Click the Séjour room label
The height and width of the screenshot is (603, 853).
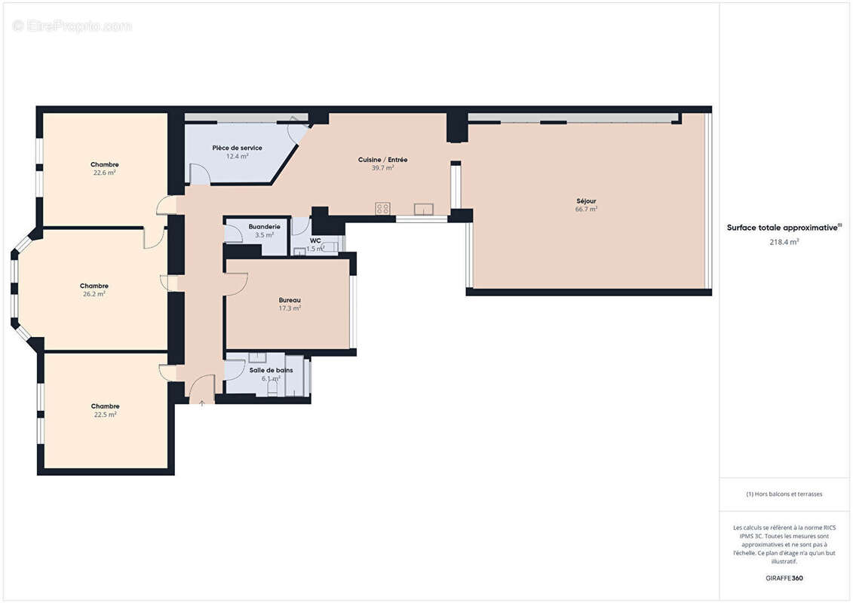point(586,201)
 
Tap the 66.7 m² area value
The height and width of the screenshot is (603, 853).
point(586,210)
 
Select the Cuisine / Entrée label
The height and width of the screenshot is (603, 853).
point(382,160)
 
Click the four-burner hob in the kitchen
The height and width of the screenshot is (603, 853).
point(383,209)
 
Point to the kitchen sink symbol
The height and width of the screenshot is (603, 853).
point(422,209)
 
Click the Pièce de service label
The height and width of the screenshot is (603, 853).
point(237,148)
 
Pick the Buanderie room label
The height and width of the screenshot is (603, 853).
point(264,226)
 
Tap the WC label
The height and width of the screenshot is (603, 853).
point(315,240)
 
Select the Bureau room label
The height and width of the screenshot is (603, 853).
point(290,299)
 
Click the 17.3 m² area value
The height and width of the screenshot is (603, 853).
point(290,308)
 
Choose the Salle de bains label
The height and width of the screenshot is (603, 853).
point(271,370)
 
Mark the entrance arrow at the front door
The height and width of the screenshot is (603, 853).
point(202,403)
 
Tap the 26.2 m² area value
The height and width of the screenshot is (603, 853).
point(94,294)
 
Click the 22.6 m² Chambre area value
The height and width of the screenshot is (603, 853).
point(105,173)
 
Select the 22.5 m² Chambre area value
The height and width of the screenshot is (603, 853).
point(105,415)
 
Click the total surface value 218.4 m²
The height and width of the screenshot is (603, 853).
point(784,242)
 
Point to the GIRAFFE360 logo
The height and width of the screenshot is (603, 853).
point(784,578)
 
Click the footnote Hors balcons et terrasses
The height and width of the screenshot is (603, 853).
point(784,494)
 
